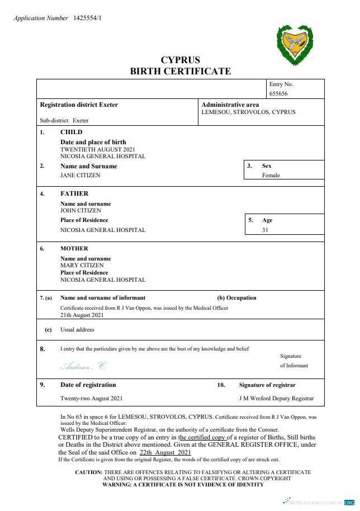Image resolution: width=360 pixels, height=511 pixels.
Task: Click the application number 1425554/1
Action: (88, 18)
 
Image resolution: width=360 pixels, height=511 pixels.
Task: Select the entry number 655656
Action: (278, 93)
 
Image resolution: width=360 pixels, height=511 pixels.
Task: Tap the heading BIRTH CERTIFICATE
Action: (180, 71)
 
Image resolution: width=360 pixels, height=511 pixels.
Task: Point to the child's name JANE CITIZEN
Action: (80, 175)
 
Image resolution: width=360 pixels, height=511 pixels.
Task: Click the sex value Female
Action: (271, 175)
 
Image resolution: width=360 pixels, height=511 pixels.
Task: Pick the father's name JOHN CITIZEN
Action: (80, 211)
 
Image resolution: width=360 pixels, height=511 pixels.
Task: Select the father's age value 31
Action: (265, 230)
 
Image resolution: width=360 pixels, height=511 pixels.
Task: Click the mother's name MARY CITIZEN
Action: (82, 265)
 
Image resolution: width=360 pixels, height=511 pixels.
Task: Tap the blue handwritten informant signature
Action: (83, 366)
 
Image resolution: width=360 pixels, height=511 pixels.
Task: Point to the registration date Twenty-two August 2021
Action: (92, 399)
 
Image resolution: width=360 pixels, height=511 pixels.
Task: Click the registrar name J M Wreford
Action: (255, 399)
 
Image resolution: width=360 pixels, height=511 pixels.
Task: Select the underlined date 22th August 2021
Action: (165, 452)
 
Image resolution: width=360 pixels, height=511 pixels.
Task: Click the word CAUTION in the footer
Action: (89, 472)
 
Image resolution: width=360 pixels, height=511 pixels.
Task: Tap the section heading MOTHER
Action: (74, 248)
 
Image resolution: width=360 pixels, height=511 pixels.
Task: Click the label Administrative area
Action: (230, 105)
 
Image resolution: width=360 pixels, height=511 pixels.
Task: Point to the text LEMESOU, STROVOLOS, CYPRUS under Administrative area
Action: (248, 112)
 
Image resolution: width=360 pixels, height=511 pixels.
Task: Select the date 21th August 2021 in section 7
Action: (82, 315)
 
